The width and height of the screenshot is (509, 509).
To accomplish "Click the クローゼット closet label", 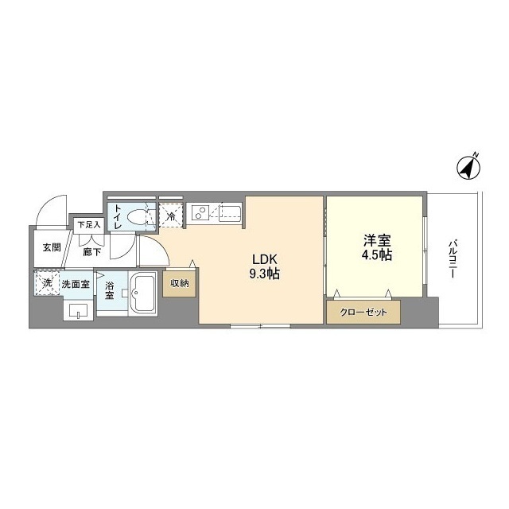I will tap(363, 313).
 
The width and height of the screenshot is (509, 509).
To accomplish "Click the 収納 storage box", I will tap(179, 282).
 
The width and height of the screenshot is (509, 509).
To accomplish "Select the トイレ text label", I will tap(118, 217).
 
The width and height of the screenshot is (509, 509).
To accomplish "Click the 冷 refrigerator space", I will tap(171, 216).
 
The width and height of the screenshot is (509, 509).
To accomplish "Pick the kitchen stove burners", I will tap(200, 213).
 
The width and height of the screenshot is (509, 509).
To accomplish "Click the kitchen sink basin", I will tap(230, 213).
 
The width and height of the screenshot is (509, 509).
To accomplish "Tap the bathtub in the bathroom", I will tap(143, 293).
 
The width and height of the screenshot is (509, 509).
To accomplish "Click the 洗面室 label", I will tap(76, 283).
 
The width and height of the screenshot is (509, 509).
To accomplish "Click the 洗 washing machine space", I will tap(46, 283).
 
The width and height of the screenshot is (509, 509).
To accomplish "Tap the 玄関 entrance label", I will tap(52, 247).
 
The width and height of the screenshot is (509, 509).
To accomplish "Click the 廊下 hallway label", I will tap(92, 252).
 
